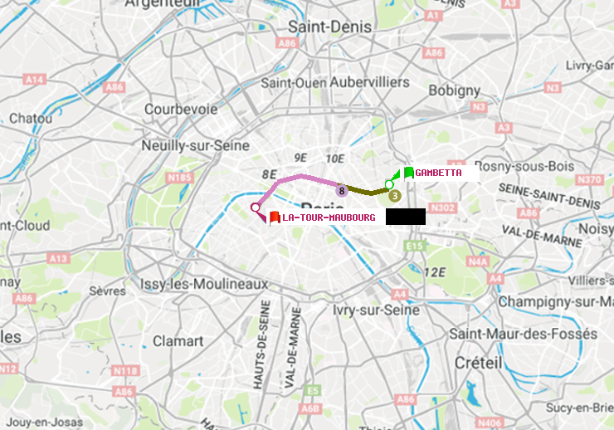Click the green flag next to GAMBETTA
[x=408, y=173]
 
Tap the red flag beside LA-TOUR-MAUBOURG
[x=275, y=217]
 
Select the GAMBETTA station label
[x=438, y=173]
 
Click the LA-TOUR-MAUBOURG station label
[x=329, y=217]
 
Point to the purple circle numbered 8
[x=341, y=191]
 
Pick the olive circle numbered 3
[x=394, y=196]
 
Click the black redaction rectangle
[x=405, y=217]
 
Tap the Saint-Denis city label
[x=329, y=27]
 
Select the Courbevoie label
[x=181, y=109]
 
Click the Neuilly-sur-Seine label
[x=196, y=145]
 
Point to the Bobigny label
[x=454, y=90]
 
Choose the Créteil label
[x=478, y=363]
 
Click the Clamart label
[x=178, y=340]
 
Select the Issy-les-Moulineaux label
[x=204, y=284]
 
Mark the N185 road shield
[x=179, y=177]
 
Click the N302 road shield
[x=443, y=208]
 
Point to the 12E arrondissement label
[x=433, y=272]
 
